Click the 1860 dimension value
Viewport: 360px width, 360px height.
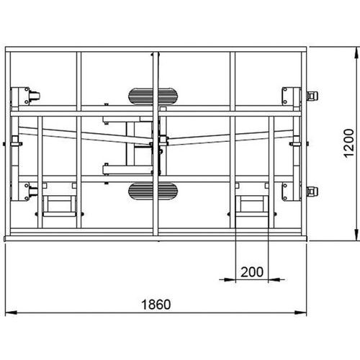click(x=156, y=305)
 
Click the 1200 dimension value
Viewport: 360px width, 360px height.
click(x=348, y=143)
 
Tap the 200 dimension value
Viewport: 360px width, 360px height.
click(x=252, y=272)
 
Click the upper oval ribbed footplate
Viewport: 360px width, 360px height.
click(x=153, y=96)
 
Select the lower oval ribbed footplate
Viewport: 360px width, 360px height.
click(x=153, y=191)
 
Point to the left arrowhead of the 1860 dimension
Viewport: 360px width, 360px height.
click(x=11, y=312)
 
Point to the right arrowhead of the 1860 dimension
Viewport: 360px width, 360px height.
click(x=301, y=312)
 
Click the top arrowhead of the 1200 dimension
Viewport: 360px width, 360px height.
click(x=357, y=53)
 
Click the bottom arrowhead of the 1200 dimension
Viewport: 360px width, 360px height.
click(x=357, y=235)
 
